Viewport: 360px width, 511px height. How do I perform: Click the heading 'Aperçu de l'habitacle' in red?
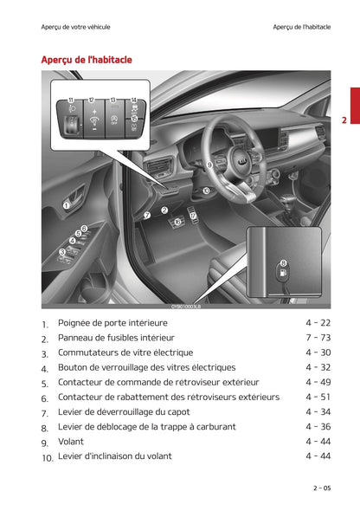(87, 60)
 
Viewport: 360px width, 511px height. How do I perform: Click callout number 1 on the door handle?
(67, 205)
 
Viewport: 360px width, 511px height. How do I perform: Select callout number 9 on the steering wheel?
(209, 164)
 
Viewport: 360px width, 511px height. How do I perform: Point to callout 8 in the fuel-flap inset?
(284, 263)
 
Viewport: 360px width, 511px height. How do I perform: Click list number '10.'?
(48, 457)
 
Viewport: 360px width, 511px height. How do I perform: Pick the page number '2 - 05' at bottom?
(321, 488)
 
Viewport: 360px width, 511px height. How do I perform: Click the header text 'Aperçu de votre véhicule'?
(76, 27)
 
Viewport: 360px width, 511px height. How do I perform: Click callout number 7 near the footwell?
(147, 214)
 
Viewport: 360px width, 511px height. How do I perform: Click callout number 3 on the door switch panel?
(62, 252)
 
